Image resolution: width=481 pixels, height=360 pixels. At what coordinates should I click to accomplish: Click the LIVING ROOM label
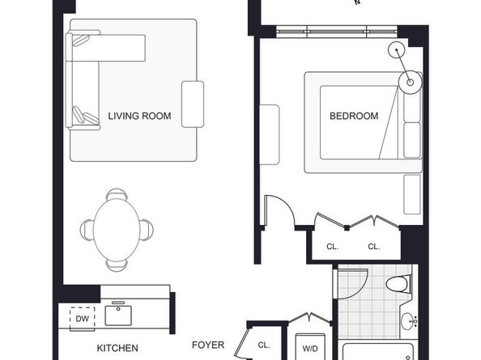(139, 116)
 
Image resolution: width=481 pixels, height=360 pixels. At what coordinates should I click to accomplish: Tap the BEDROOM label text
(354, 116)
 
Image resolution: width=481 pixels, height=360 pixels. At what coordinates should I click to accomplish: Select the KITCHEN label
(117, 348)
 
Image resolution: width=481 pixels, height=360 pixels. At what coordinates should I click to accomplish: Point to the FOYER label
(208, 345)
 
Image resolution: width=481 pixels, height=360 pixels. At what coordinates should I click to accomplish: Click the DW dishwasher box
(83, 319)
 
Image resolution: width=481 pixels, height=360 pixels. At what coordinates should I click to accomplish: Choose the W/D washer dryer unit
(310, 347)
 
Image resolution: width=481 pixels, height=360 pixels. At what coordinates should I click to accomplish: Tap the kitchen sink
(118, 315)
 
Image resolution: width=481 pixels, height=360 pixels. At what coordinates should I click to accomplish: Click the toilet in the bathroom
(398, 284)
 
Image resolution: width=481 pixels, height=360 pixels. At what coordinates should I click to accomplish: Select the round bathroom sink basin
(408, 321)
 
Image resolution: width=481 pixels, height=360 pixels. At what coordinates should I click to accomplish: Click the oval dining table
(117, 230)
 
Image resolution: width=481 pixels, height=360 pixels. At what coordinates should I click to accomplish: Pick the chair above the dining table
(117, 194)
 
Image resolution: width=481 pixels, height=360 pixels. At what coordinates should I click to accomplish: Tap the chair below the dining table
(117, 265)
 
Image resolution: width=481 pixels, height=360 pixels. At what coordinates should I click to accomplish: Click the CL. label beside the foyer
(264, 345)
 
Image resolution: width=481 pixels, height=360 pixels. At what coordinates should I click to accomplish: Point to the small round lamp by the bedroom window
(397, 49)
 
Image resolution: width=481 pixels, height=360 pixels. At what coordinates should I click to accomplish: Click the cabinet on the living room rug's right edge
(193, 104)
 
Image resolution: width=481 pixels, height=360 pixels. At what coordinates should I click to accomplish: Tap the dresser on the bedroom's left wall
(270, 135)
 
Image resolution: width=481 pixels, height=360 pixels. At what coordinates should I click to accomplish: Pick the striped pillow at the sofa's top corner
(81, 40)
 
